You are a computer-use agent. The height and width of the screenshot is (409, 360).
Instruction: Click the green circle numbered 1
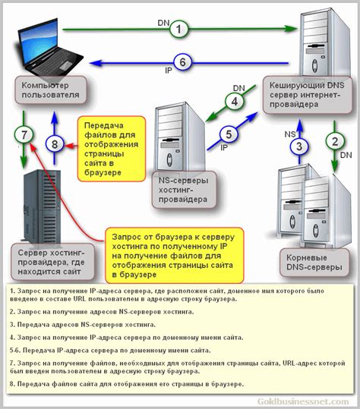[178, 30]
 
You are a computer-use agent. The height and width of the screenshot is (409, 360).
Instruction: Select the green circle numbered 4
[236, 101]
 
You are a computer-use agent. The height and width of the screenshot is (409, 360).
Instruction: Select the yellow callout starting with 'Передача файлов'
[112, 149]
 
